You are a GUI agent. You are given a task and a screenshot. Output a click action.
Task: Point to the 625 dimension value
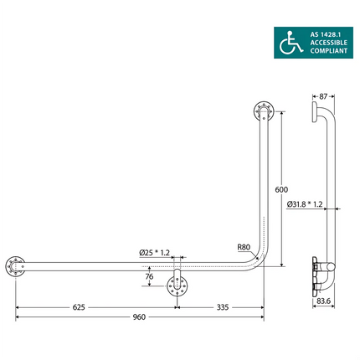79,306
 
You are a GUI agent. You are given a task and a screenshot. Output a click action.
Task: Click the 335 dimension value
222,306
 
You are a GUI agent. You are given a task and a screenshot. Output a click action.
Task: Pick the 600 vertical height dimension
282,189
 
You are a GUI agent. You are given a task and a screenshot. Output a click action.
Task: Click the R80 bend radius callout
244,247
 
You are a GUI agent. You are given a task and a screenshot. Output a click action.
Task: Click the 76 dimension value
149,276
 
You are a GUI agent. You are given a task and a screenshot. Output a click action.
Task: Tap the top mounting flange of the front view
263,112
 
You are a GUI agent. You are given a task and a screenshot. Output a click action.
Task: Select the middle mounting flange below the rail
177,285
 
